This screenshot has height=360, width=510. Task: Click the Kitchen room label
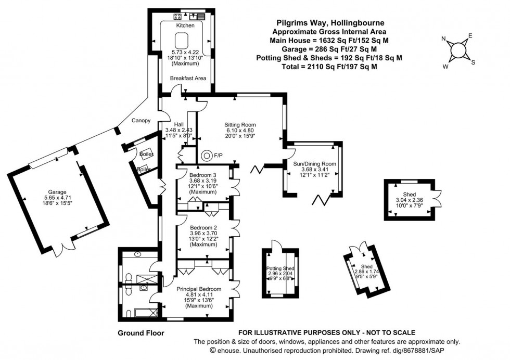click(x=185, y=25)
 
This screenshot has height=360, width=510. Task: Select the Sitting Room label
click(x=240, y=125)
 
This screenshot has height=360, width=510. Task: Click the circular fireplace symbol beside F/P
click(x=207, y=155)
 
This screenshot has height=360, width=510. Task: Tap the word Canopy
click(x=141, y=121)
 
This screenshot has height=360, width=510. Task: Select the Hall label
click(x=178, y=124)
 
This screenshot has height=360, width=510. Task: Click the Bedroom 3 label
click(x=202, y=175)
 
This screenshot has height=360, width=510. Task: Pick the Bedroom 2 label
click(x=203, y=228)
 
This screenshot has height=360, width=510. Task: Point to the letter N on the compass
click(x=443, y=39)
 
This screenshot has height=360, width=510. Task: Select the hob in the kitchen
click(x=177, y=16)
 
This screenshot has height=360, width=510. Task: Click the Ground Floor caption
click(x=141, y=333)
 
